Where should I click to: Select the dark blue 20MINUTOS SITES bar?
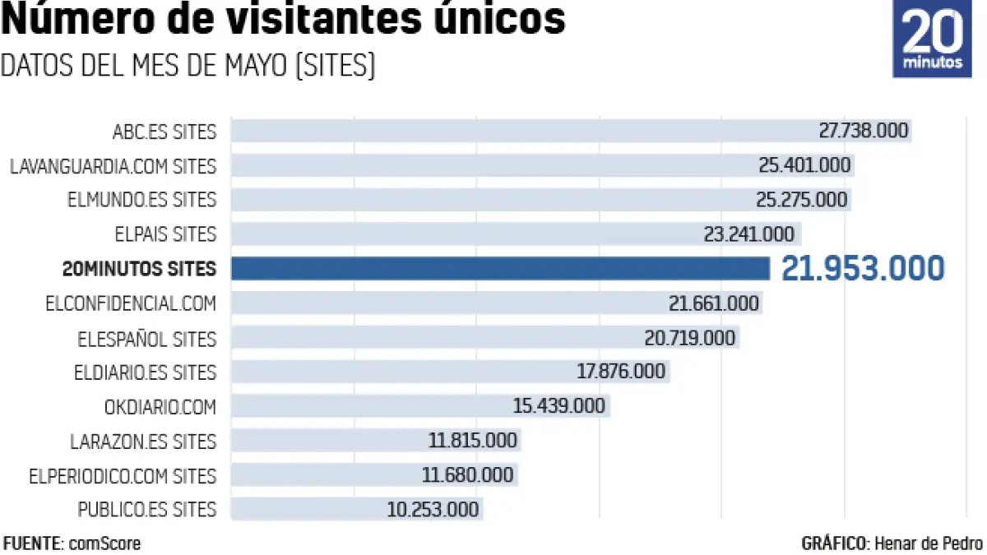coord(499,268)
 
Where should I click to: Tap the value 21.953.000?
coord(862,269)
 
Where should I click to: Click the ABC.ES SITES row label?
coord(164,132)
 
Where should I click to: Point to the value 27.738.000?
coord(863,131)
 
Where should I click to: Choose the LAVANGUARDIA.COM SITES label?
coord(113,166)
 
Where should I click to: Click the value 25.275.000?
coord(801,200)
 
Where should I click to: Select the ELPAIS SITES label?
coord(165,234)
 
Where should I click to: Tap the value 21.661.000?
coord(713,303)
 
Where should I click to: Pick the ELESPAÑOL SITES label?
coord(146,339)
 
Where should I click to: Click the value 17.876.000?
coord(620,372)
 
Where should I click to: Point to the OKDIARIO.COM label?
coord(160,407)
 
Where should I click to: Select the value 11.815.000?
coord(472,441)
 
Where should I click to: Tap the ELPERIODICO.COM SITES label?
coord(123,476)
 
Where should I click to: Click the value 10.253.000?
coord(433,510)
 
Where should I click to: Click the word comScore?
coord(104,543)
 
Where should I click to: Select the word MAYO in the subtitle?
coord(254,66)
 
